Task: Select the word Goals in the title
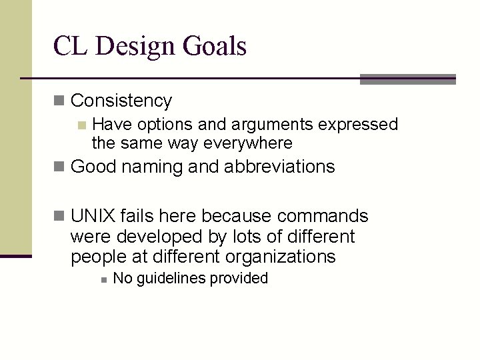coord(216,46)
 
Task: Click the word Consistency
coord(121,101)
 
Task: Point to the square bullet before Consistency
coord(59,101)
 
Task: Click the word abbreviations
coord(279,167)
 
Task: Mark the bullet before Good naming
coord(59,167)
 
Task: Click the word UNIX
coord(93,217)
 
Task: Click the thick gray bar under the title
coord(407,79)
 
